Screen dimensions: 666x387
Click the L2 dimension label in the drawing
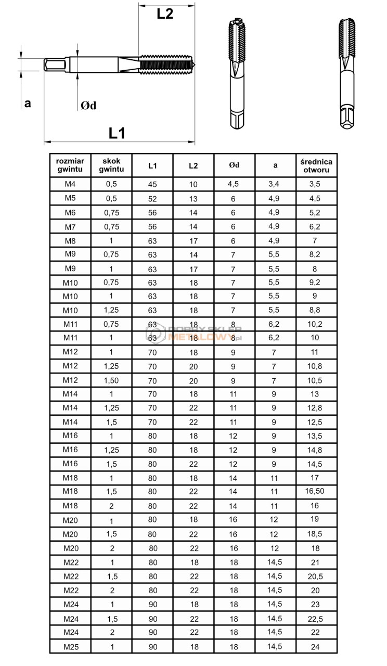[165, 14]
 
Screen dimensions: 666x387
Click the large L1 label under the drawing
[117, 133]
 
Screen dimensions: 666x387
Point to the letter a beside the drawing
[28, 103]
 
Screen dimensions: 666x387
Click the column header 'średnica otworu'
[316, 165]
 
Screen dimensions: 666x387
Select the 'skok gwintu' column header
[111, 165]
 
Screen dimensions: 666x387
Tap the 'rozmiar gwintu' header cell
[70, 165]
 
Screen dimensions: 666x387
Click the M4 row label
[70, 184]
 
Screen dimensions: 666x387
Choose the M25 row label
[70, 646]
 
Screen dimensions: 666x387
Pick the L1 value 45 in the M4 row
[152, 184]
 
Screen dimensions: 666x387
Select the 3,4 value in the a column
[275, 184]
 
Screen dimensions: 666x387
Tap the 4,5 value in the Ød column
[234, 184]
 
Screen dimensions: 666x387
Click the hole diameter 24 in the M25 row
[316, 646]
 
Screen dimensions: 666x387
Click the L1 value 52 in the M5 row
[152, 198]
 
